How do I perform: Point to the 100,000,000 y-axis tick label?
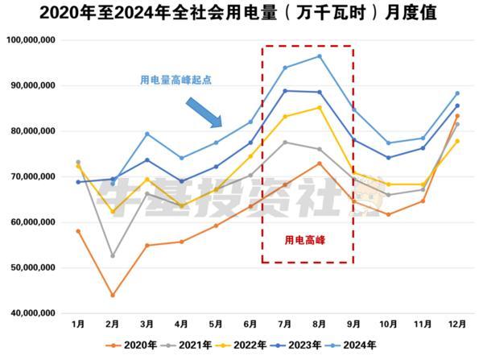(x=30, y=39)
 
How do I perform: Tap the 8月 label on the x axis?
(x=320, y=324)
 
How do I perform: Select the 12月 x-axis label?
(x=457, y=324)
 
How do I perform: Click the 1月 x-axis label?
(x=78, y=324)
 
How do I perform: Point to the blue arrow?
(x=204, y=113)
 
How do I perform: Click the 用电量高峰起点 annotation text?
(x=175, y=80)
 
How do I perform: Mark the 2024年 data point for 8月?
(x=320, y=56)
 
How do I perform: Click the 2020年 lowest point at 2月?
(x=113, y=295)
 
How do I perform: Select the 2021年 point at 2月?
(x=113, y=255)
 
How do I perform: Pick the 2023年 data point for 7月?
(x=285, y=90)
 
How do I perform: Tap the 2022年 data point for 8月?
(x=320, y=107)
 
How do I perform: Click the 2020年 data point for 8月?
(x=320, y=163)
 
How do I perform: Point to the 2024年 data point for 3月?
(x=147, y=134)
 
